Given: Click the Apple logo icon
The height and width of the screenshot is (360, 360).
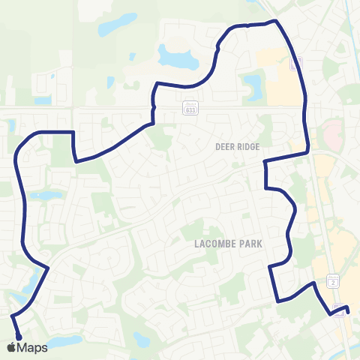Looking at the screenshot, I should pyautogui.click(x=11, y=347).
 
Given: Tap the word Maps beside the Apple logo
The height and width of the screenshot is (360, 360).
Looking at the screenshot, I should pyautogui.click(x=32, y=347).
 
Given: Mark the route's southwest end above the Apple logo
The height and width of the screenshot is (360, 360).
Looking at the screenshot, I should pyautogui.click(x=17, y=337).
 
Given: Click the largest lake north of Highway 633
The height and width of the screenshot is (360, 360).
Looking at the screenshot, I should pyautogui.click(x=174, y=55).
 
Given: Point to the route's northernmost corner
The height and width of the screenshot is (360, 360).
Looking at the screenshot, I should pyautogui.click(x=276, y=21).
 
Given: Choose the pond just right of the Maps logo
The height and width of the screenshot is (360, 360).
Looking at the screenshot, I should pyautogui.click(x=66, y=342).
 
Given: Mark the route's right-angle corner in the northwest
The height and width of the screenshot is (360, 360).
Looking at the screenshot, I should pyautogui.click(x=73, y=132).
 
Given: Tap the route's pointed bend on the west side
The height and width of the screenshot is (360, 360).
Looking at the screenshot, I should pyautogui.click(x=48, y=266).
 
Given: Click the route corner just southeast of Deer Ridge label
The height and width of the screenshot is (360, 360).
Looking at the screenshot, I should pyautogui.click(x=265, y=160).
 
